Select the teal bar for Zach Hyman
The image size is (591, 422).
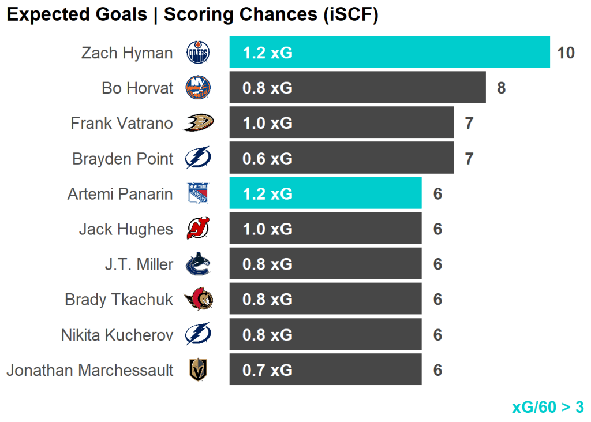pyautogui.click(x=390, y=53)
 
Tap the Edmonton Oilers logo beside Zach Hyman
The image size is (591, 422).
pyautogui.click(x=198, y=53)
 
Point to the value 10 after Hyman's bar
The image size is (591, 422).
pyautogui.click(x=566, y=53)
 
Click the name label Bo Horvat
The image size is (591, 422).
pyautogui.click(x=137, y=88)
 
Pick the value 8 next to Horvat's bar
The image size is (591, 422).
pyautogui.click(x=501, y=88)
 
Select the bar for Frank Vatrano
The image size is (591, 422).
pyautogui.click(x=341, y=123)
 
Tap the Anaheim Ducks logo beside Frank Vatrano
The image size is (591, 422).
pyautogui.click(x=199, y=122)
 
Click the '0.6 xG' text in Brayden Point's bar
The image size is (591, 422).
pyautogui.click(x=267, y=158)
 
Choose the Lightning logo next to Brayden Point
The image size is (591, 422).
pyautogui.click(x=198, y=158)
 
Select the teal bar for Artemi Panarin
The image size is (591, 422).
pyautogui.click(x=325, y=193)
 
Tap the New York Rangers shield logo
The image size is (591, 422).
pyautogui.click(x=198, y=193)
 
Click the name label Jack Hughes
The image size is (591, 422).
pyautogui.click(x=126, y=229)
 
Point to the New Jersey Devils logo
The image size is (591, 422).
pyautogui.click(x=198, y=229)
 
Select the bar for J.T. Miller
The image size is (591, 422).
pyautogui.click(x=325, y=264)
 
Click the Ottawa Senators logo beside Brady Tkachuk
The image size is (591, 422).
pyautogui.click(x=198, y=300)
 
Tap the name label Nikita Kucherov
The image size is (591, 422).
pyautogui.click(x=117, y=335)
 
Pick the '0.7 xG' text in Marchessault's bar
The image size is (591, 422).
pyautogui.click(x=267, y=370)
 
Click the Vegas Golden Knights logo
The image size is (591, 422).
pyautogui.click(x=198, y=370)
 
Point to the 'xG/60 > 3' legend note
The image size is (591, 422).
pyautogui.click(x=548, y=407)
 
